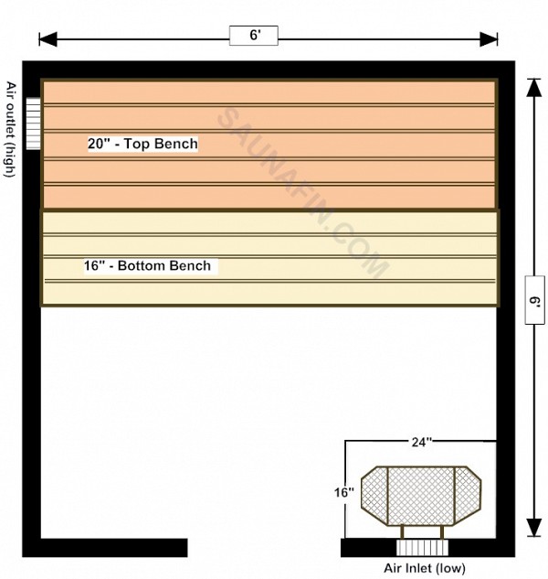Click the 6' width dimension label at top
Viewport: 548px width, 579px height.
pos(255,35)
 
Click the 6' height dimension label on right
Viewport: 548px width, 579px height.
pos(535,301)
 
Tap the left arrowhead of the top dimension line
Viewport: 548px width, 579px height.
pos(48,39)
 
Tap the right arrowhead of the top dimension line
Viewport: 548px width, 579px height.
pos(489,39)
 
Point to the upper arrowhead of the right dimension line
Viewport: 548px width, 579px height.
pos(533,88)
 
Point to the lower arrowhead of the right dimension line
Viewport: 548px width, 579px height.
pos(533,527)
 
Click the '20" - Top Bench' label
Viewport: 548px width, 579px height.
pos(142,144)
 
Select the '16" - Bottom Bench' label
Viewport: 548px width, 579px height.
pos(148,266)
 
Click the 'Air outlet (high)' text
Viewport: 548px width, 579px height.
pos(11,129)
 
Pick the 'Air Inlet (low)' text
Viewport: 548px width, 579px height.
pos(425,568)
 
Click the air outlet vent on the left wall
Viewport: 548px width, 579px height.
pos(33,123)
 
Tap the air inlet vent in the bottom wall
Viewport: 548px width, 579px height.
pos(423,548)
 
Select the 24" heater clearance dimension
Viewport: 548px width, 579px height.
pos(422,442)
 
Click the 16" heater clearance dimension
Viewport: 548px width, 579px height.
pos(344,492)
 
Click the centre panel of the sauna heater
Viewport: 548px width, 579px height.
pos(421,496)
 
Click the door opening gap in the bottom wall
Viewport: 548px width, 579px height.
pos(264,548)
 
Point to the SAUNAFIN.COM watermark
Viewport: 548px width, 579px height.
pos(302,192)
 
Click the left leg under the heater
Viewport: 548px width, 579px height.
pos(403,532)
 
